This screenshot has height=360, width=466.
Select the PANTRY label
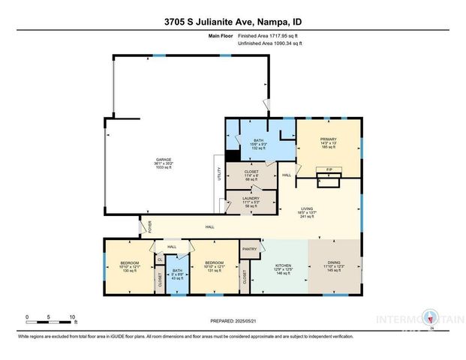(249, 248)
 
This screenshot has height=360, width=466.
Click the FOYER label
(149, 226)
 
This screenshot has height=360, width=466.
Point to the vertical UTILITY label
(219, 175)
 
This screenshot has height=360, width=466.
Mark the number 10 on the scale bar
(73, 316)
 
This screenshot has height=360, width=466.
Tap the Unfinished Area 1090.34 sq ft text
(270, 44)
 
